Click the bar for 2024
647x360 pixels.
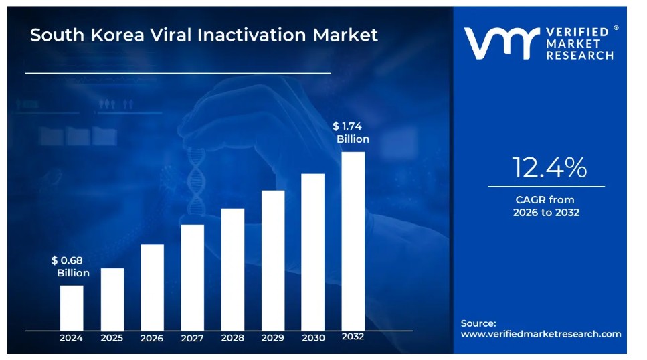pyautogui.click(x=72, y=308)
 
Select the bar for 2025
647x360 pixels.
pyautogui.click(x=112, y=299)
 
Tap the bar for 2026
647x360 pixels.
pyautogui.click(x=152, y=287)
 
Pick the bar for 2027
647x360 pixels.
pyautogui.click(x=192, y=277)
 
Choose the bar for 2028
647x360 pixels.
pyautogui.click(x=233, y=269)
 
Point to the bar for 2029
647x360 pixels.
pyautogui.click(x=273, y=260)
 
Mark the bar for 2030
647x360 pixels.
pyautogui.click(x=313, y=252)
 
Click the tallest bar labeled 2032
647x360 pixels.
pyautogui.click(x=353, y=241)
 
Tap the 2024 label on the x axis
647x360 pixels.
pyautogui.click(x=72, y=338)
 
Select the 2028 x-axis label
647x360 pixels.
pyautogui.click(x=233, y=338)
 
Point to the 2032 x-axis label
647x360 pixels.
pyautogui.click(x=353, y=337)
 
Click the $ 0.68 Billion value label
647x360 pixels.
pyautogui.click(x=70, y=266)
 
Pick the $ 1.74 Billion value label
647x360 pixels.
pyautogui.click(x=351, y=132)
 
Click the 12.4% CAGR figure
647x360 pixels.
pyautogui.click(x=549, y=167)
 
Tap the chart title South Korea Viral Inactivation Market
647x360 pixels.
pyautogui.click(x=204, y=35)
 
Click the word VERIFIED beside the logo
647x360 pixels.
pyautogui.click(x=577, y=32)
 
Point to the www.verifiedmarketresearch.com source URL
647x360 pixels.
pyautogui.click(x=541, y=334)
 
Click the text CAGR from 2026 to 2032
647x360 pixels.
pyautogui.click(x=545, y=206)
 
